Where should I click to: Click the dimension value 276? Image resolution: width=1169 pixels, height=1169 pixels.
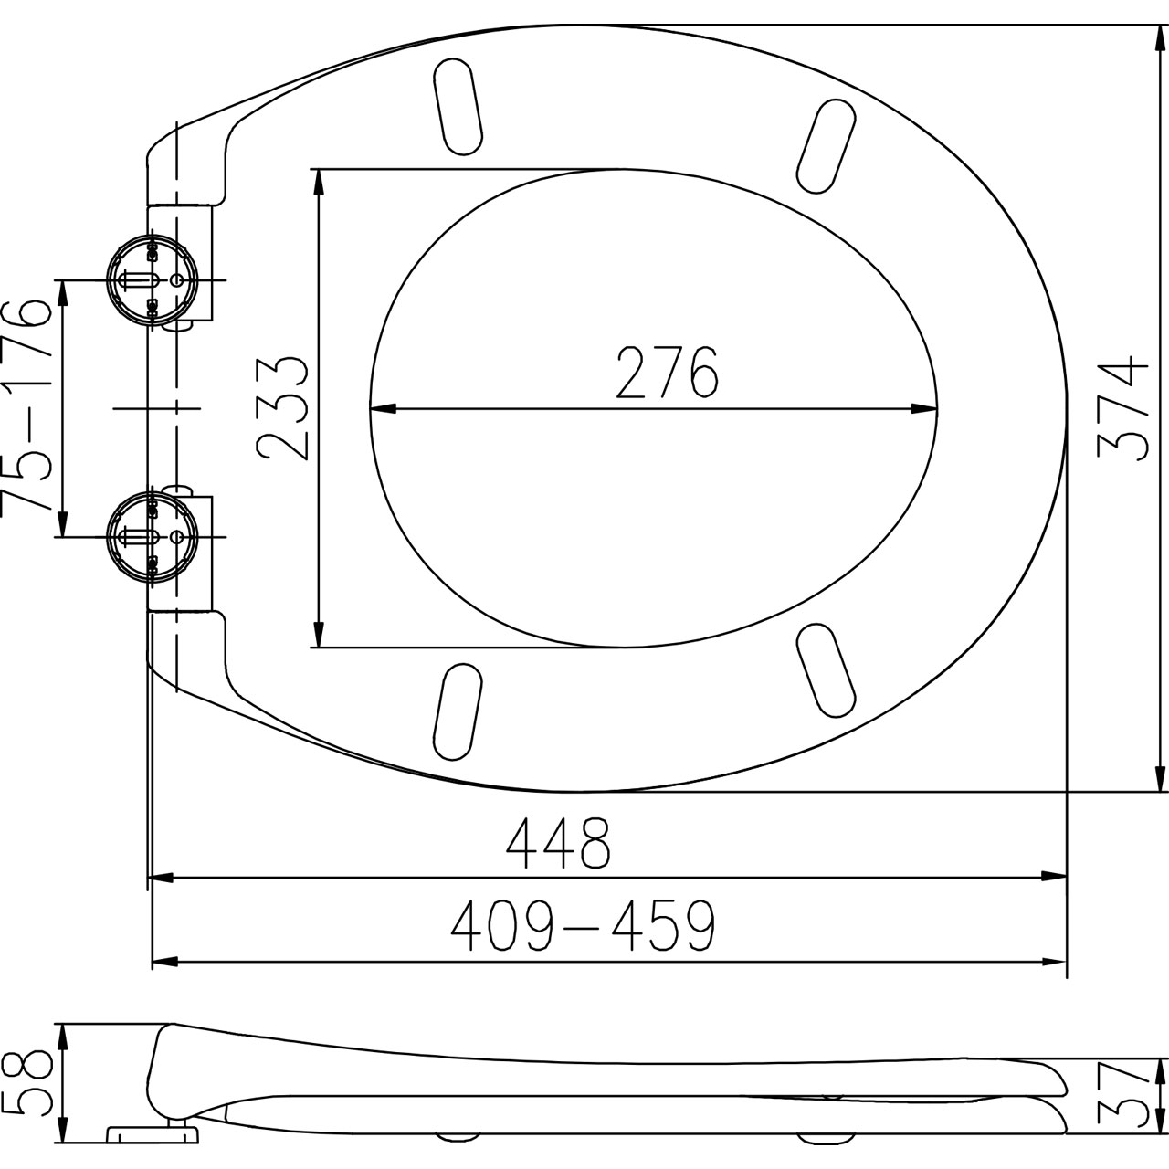pyautogui.click(x=667, y=373)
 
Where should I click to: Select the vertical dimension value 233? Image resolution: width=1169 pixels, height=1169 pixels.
pyautogui.click(x=283, y=409)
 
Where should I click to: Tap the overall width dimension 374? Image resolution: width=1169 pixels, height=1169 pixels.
pyautogui.click(x=1123, y=409)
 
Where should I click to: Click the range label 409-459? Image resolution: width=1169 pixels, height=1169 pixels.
pyautogui.click(x=583, y=925)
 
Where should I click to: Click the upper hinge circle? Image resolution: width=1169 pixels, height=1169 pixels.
pyautogui.click(x=152, y=279)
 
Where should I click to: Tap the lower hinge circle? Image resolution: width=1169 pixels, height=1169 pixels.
pyautogui.click(x=152, y=536)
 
